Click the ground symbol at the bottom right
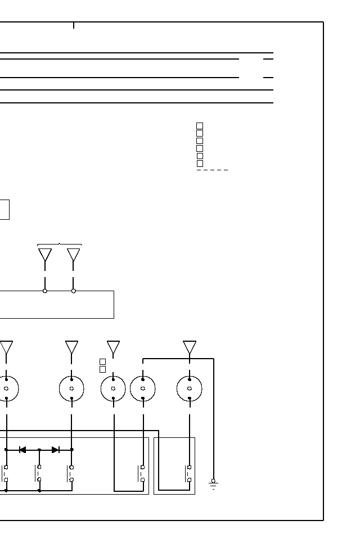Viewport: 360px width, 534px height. click(x=213, y=484)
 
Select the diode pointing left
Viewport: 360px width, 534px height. click(x=22, y=450)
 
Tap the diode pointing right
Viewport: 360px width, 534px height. click(x=56, y=450)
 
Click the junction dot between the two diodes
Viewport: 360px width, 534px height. click(x=39, y=450)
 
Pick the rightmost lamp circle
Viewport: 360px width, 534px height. click(x=190, y=388)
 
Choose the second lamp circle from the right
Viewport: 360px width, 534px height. click(x=143, y=388)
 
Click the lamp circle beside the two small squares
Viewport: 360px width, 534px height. click(x=113, y=388)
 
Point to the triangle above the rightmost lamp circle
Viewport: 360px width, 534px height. click(x=190, y=347)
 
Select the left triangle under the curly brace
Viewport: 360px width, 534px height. click(x=45, y=255)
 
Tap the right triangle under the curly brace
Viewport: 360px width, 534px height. click(x=74, y=255)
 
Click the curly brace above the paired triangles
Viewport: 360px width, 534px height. click(x=59, y=245)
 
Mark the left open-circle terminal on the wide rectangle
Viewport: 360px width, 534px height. click(x=45, y=291)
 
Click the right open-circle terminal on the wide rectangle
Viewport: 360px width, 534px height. click(x=74, y=291)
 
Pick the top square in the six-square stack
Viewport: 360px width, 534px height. click(x=200, y=126)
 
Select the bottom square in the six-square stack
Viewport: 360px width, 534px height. click(x=200, y=164)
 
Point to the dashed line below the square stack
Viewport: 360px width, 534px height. click(x=213, y=170)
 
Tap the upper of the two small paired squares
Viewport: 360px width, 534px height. click(x=102, y=361)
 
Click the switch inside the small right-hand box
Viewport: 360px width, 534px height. click(x=188, y=473)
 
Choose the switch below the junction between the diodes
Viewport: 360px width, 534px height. click(x=39, y=473)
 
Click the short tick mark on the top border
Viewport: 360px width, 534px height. click(x=74, y=25)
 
